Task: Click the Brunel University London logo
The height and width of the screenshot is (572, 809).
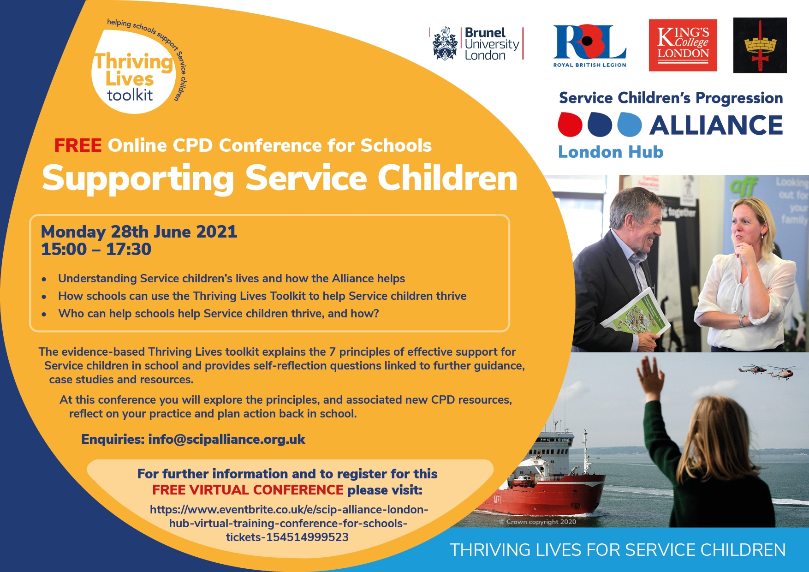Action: point(477,44)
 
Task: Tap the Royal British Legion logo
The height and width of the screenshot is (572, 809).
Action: point(589,46)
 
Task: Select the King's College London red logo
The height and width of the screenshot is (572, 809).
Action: point(683,45)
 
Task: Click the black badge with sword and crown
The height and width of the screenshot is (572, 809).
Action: point(760,45)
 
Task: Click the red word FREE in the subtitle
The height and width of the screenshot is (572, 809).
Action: point(77,145)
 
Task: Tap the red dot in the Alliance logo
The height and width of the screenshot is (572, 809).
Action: point(570,125)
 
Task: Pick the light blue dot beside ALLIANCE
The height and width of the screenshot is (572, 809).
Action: point(630,125)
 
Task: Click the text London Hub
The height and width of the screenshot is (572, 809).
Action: point(611,152)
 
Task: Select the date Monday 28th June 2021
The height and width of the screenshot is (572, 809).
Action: point(139,231)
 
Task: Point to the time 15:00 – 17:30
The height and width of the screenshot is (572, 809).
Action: point(96,249)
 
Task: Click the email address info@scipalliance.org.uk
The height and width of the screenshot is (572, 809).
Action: point(226,439)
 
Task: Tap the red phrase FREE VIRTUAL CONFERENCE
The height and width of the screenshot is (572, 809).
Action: point(248,489)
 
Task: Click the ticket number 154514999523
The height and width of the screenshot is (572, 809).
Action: point(307,537)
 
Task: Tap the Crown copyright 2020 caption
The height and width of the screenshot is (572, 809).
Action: point(538,522)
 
